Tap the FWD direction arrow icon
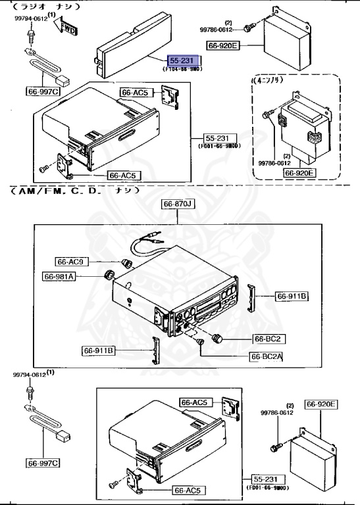click(67, 26)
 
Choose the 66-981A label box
click(60, 277)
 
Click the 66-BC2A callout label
click(267, 356)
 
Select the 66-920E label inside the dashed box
click(300, 173)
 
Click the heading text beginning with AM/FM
click(72, 191)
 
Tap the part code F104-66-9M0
click(182, 68)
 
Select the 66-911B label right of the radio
click(292, 297)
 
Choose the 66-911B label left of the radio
click(99, 350)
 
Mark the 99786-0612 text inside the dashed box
click(273, 163)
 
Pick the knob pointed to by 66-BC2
click(218, 339)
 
